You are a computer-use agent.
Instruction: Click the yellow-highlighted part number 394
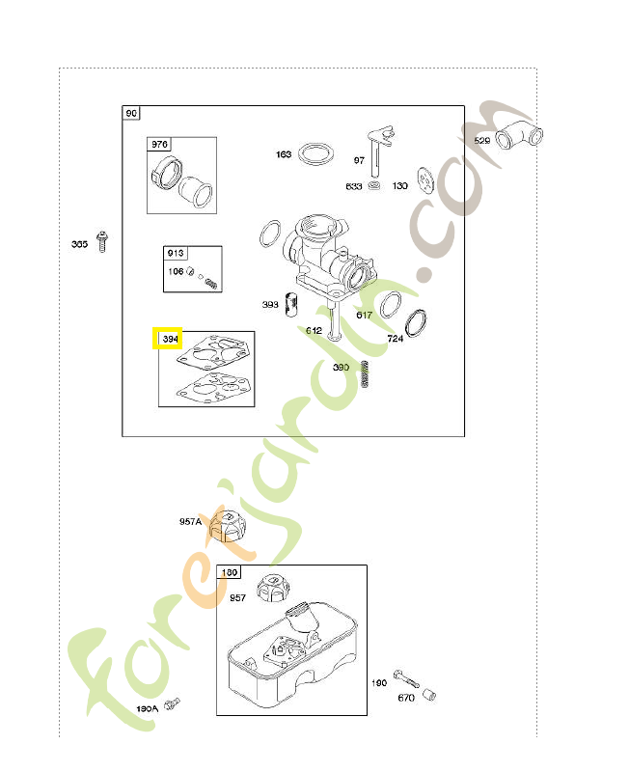pos(170,339)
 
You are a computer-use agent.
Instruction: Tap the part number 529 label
pos(481,141)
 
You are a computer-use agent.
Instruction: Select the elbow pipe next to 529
pos(519,134)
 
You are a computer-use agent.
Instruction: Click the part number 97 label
pos(359,160)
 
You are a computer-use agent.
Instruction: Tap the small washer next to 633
pos(374,184)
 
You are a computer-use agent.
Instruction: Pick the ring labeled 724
pos(419,322)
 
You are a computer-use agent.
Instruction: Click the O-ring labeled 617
pos(390,305)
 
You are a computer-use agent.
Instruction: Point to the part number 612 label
pos(314,330)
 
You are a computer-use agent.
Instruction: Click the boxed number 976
pos(158,145)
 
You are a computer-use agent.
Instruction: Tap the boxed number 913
pos(175,253)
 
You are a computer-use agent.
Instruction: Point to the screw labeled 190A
pos(173,703)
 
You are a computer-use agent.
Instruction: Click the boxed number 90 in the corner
pos(131,114)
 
